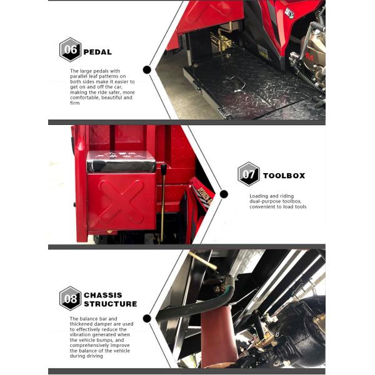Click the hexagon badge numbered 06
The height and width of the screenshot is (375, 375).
(x=70, y=50)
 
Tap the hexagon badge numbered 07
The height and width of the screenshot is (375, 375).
(x=249, y=174)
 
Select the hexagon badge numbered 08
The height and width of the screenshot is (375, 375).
(x=70, y=299)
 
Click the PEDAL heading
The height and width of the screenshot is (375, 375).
(x=97, y=52)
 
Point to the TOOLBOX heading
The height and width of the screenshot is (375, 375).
(x=284, y=176)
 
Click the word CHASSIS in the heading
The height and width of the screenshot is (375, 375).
(x=103, y=295)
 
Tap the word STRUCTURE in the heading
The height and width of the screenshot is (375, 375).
(x=111, y=304)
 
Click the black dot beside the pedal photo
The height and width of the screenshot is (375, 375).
(x=147, y=70)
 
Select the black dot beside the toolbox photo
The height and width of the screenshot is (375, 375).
(x=224, y=194)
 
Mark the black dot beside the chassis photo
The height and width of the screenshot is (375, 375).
(x=147, y=319)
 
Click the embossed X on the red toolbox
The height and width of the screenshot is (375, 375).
(x=121, y=202)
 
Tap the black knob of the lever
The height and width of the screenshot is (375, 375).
(x=164, y=170)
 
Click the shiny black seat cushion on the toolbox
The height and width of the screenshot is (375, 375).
(x=121, y=161)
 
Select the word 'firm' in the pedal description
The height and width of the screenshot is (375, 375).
(x=74, y=103)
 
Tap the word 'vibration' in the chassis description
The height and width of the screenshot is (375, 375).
(x=81, y=334)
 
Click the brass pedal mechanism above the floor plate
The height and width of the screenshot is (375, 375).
(x=221, y=41)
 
